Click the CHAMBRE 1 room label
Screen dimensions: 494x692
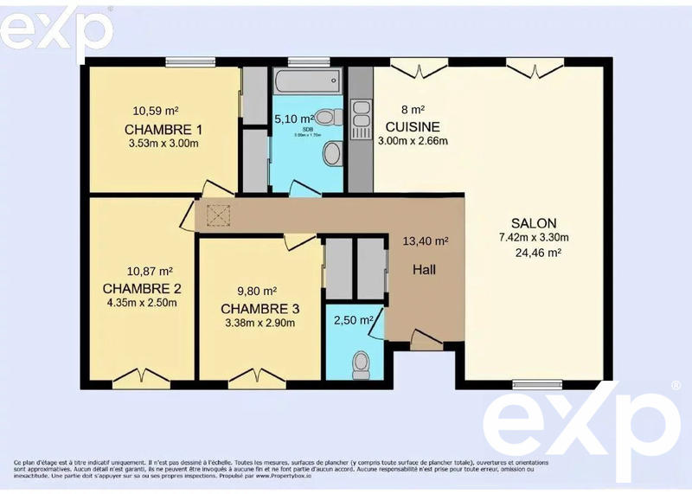[x=163, y=130]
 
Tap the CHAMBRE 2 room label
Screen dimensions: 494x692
[x=141, y=288]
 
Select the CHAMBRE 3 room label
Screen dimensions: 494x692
[x=260, y=309]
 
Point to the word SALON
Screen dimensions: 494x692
[x=533, y=222]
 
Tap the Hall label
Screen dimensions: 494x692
[x=424, y=270]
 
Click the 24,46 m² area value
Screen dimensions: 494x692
[x=538, y=253]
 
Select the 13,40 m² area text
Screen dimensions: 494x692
[x=426, y=241]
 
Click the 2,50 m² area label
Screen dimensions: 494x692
[x=354, y=320]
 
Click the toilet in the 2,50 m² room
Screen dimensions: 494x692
[x=361, y=361]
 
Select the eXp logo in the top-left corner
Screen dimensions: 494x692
[x=54, y=31]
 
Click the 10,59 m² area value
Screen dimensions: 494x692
[x=156, y=111]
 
